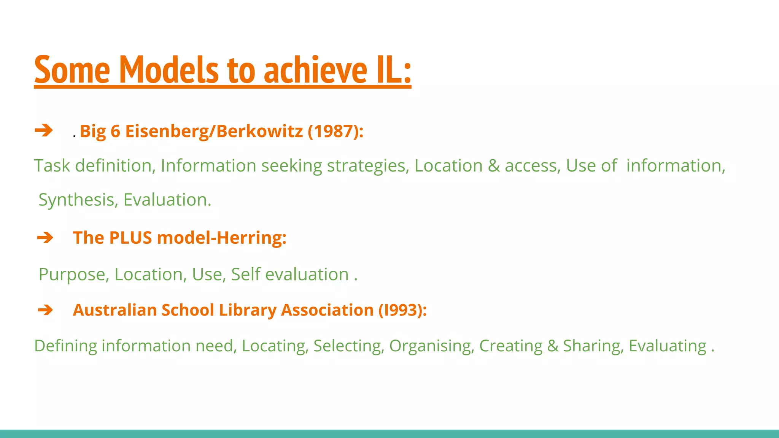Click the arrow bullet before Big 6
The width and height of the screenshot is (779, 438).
click(x=44, y=130)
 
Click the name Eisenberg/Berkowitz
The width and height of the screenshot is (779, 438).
click(x=214, y=131)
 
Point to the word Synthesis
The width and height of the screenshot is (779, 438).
click(x=78, y=200)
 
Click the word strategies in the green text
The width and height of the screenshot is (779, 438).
click(x=368, y=166)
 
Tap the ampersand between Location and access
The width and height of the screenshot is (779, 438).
click(x=494, y=166)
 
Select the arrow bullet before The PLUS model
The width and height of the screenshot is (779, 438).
click(x=45, y=238)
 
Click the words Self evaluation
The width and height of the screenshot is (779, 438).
click(x=289, y=275)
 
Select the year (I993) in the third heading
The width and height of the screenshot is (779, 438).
click(x=402, y=310)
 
